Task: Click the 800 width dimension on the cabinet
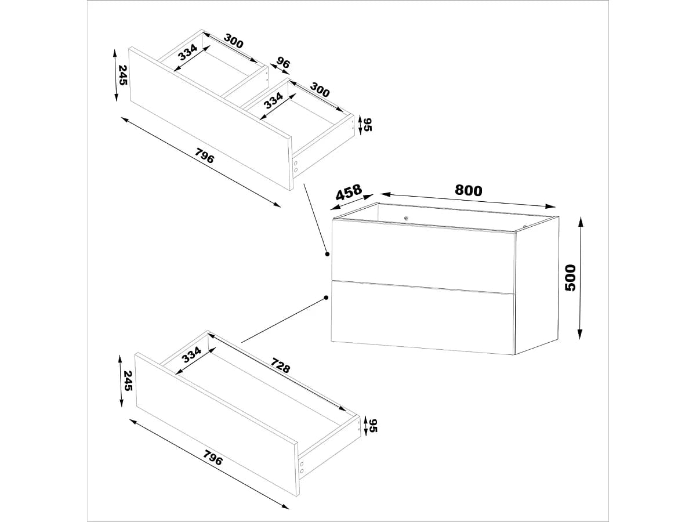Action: point(468,190)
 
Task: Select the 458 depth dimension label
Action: point(349,192)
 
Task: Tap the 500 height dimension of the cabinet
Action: point(570,278)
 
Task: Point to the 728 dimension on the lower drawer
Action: point(280,365)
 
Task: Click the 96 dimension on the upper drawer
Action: point(282,63)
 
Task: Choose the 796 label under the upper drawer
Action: point(204,155)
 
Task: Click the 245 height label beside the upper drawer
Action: point(123,75)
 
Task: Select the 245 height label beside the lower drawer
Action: point(128,380)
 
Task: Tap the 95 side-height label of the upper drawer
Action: point(368,125)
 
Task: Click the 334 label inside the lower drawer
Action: point(191,355)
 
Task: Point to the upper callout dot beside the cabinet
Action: point(328,254)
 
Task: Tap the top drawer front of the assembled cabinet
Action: point(423,256)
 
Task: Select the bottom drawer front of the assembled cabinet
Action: point(422,318)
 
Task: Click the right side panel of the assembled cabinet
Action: point(536,285)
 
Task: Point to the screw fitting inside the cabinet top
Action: point(406,218)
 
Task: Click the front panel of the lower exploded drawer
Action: point(217,425)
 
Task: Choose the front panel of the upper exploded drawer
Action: point(211,119)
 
